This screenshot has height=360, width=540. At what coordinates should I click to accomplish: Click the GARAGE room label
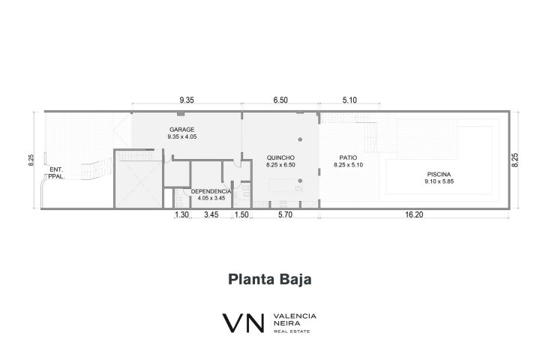coord(181,130)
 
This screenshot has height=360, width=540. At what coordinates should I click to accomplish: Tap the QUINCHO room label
coord(280,157)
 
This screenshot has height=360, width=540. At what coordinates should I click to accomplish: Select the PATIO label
coord(348,157)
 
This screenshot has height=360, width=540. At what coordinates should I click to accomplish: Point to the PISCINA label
coord(439,174)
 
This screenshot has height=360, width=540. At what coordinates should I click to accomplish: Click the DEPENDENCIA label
coord(211,191)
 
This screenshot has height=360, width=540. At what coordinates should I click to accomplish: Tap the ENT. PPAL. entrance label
coord(56,173)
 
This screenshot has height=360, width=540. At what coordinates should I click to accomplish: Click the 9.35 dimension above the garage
coord(187,100)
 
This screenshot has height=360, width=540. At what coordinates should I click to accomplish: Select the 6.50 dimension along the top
coord(280,100)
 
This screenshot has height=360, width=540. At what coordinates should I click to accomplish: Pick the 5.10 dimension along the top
coord(349,100)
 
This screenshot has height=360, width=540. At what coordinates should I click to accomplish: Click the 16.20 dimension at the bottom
coord(414,214)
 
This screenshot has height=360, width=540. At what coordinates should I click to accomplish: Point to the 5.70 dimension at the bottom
coord(285,214)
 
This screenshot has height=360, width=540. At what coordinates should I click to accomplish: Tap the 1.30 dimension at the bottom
coord(181,214)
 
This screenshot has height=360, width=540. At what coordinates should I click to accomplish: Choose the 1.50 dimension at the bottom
coord(241,214)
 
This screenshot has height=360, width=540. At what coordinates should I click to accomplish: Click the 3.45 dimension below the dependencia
coord(211,214)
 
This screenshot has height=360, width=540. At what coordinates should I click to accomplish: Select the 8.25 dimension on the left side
coord(31,160)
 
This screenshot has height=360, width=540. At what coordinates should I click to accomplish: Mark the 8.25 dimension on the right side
coord(514,160)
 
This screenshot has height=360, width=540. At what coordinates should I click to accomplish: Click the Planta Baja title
coord(270,280)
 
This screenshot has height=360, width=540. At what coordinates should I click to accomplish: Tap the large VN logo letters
coord(244,322)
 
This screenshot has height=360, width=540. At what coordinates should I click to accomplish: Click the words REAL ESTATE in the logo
coord(292,331)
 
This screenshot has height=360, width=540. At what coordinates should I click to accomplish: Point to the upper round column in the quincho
coord(300,139)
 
